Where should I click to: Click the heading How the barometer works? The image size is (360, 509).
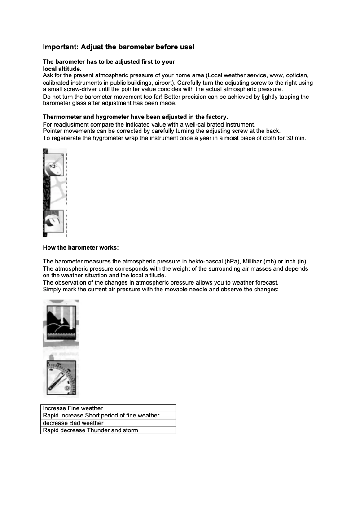pos(81,248)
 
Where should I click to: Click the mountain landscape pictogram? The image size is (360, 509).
pos(61,323)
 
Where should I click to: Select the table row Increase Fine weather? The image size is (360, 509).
pos(108,408)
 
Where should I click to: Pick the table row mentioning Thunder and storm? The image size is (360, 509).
pos(108,430)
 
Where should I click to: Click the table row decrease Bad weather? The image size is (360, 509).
pos(108,423)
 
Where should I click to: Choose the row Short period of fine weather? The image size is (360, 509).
pos(108,415)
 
